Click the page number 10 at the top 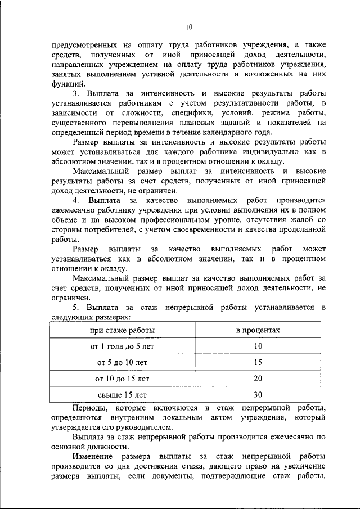(188, 26)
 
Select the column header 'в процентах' (258, 330)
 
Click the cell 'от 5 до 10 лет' (123, 363)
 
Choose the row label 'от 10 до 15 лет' (123, 379)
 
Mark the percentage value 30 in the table (258, 395)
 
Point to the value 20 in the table (258, 379)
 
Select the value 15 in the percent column (258, 363)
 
